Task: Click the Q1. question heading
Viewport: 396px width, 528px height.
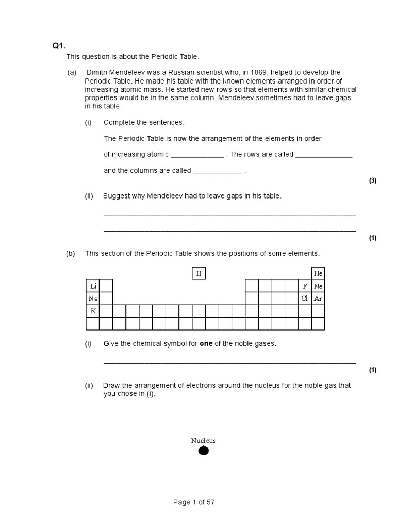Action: coord(59,46)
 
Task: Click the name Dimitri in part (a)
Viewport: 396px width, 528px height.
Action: coord(98,72)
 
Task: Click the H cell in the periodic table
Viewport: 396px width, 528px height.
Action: coord(199,273)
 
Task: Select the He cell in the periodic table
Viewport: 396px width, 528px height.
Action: coord(318,273)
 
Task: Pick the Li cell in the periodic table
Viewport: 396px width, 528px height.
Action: coord(93,286)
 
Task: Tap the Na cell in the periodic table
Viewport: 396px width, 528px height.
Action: coord(93,299)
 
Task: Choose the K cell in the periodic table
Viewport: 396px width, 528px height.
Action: coord(93,311)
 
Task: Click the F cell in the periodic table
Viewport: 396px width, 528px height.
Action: coord(305,286)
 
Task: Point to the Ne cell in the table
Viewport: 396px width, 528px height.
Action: coord(318,286)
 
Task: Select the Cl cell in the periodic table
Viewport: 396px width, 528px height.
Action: coord(305,299)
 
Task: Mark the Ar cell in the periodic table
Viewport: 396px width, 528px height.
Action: coord(318,299)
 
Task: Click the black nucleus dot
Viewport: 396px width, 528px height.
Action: coord(203,451)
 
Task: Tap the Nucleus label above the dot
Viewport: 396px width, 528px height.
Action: coord(203,441)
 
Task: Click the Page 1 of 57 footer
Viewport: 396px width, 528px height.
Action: coord(193,502)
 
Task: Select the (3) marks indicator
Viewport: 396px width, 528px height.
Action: coord(373,180)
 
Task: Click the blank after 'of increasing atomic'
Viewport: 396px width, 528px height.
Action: coord(197,155)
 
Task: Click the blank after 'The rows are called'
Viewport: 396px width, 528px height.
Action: coord(324,155)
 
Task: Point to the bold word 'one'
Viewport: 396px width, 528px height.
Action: coord(206,343)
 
